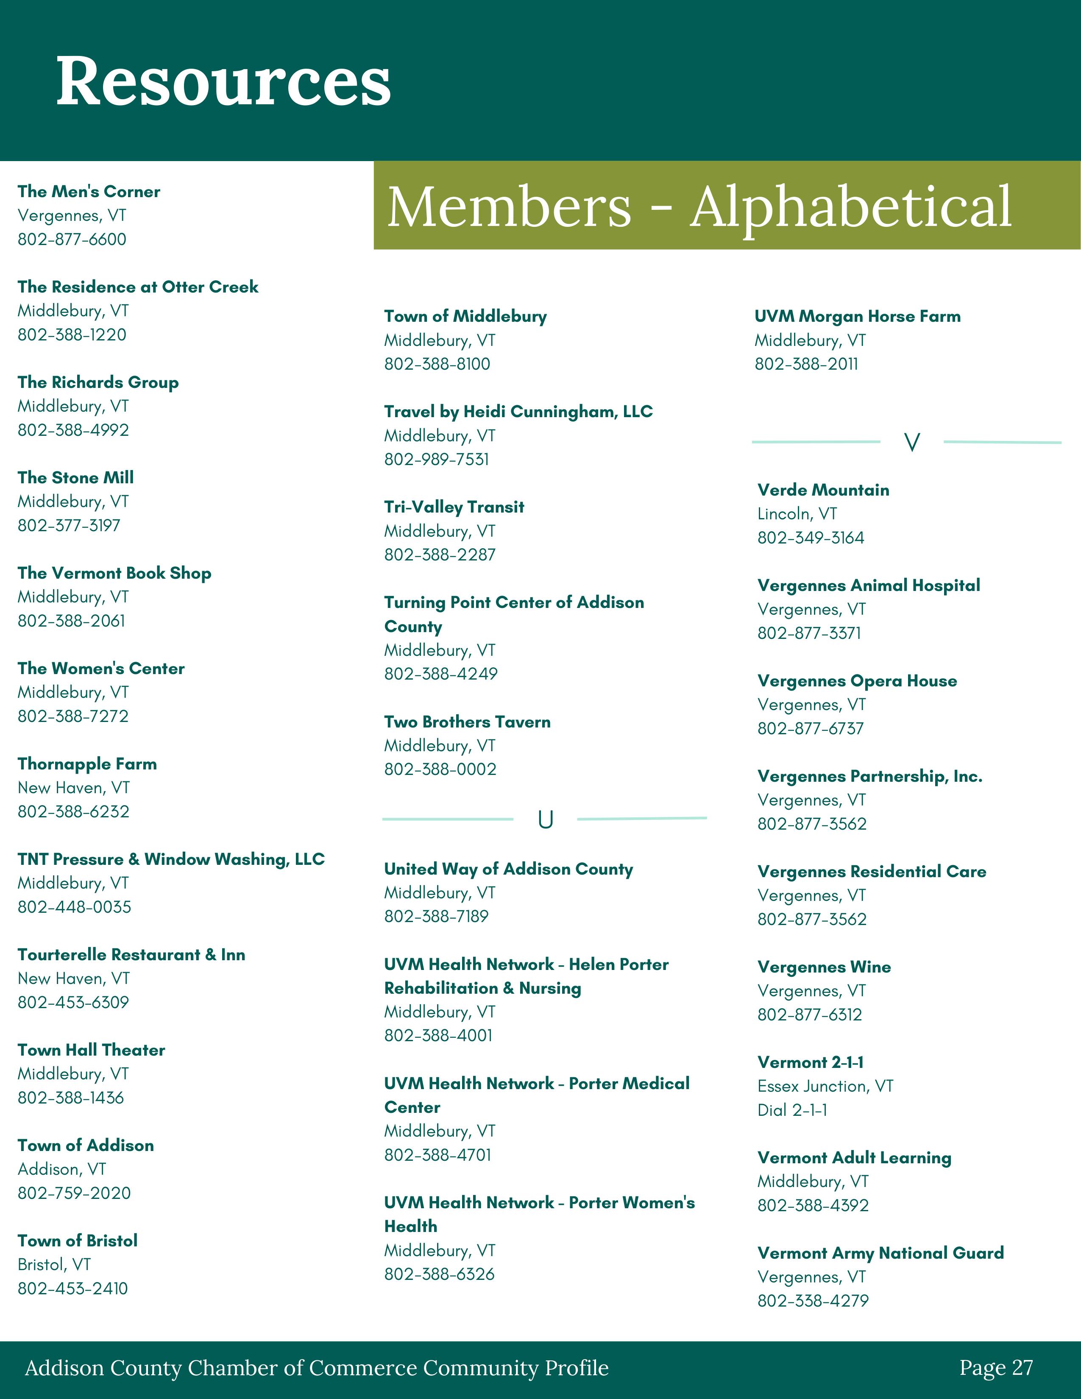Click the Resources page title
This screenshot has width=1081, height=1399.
point(223,81)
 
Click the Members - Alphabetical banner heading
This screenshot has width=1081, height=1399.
point(699,206)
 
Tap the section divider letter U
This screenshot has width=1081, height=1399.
point(545,819)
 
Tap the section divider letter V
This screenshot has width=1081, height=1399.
point(911,442)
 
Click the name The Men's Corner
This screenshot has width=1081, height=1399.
point(89,192)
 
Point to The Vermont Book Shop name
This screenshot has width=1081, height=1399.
point(114,573)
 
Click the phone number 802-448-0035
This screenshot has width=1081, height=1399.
point(74,907)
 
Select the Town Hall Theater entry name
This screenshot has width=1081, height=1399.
point(92,1050)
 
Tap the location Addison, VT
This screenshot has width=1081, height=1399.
point(61,1169)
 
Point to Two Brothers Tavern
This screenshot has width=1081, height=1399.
point(467,722)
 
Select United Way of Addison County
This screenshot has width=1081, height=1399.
point(508,869)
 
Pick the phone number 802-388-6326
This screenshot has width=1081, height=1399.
point(439,1274)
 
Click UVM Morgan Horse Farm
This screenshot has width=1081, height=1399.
point(857,316)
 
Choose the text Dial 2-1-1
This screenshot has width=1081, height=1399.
point(792,1110)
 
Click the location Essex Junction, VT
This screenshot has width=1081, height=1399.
point(825,1087)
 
